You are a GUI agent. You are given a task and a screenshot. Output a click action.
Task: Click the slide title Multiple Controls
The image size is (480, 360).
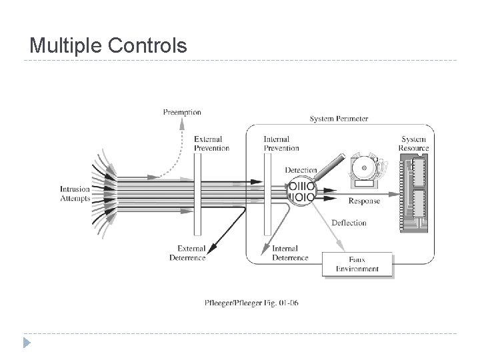[x=109, y=45]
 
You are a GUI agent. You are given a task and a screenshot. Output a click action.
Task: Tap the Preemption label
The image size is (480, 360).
[x=181, y=112]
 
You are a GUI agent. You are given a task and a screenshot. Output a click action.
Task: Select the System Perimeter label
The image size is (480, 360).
[x=339, y=119]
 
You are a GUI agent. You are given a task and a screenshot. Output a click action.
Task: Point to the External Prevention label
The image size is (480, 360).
[x=212, y=143]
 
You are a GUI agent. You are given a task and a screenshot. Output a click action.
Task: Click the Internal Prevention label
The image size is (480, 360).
[x=281, y=143]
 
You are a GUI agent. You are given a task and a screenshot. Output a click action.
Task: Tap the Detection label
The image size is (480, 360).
[x=300, y=171]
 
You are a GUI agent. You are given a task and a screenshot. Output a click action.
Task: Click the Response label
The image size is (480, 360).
[x=364, y=201]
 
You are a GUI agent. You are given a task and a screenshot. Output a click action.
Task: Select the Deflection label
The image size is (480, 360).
[x=349, y=223]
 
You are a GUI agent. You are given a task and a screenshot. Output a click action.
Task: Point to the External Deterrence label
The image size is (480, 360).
[x=187, y=253]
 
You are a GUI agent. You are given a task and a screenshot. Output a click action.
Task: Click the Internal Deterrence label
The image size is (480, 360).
[x=290, y=253]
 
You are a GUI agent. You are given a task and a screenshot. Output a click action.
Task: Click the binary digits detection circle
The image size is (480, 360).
[x=301, y=191]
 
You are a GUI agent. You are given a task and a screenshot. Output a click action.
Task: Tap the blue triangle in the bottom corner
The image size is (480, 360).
[x=25, y=344]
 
